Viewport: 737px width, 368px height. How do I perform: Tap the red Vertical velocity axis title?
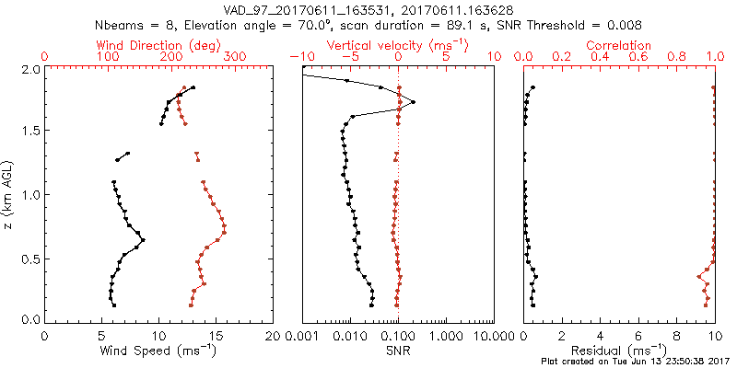[397, 45]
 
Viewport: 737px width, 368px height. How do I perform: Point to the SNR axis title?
[398, 351]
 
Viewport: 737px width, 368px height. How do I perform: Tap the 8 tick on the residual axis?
[677, 337]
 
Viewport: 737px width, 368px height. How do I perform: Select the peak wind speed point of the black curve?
[143, 240]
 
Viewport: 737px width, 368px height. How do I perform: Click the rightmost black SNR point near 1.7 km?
[413, 102]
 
